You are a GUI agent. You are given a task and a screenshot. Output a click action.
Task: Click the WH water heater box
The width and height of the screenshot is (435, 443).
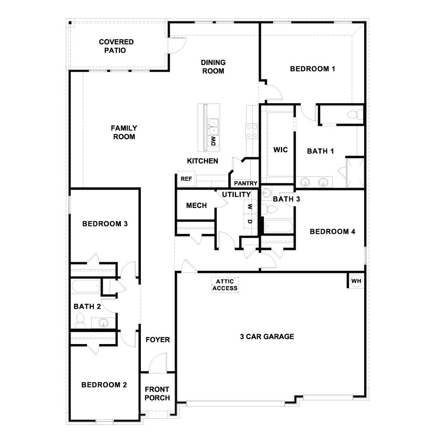[356, 281]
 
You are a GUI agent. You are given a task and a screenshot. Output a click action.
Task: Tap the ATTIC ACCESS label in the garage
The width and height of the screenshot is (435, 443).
[225, 285]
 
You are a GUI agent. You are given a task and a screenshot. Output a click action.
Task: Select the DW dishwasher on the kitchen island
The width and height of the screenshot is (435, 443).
[214, 141]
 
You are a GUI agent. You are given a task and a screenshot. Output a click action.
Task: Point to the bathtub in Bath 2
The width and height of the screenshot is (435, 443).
[86, 287]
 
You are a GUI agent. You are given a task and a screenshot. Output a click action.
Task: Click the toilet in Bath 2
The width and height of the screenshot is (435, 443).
[80, 320]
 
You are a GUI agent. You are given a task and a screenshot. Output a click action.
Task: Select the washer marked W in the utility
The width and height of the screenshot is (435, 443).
[249, 206]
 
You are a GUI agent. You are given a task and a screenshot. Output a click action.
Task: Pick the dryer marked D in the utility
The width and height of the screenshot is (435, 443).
[249, 221]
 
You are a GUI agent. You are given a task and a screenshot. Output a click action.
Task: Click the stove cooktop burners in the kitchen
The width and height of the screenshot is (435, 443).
[251, 131]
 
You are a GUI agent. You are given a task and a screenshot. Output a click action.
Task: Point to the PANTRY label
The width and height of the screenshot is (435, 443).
[246, 183]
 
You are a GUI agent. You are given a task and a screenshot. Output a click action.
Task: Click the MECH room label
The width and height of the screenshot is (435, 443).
[196, 205]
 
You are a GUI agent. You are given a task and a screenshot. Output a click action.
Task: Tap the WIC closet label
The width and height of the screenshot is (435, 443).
[280, 149]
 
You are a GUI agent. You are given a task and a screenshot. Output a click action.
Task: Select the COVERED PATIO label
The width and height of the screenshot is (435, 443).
[116, 46]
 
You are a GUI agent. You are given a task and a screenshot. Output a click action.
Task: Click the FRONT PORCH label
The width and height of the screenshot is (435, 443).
[157, 394]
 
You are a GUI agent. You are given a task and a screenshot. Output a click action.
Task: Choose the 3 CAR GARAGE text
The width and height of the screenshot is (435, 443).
[267, 337]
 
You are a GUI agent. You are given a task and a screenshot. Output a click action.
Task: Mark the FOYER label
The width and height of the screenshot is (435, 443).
[157, 340]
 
